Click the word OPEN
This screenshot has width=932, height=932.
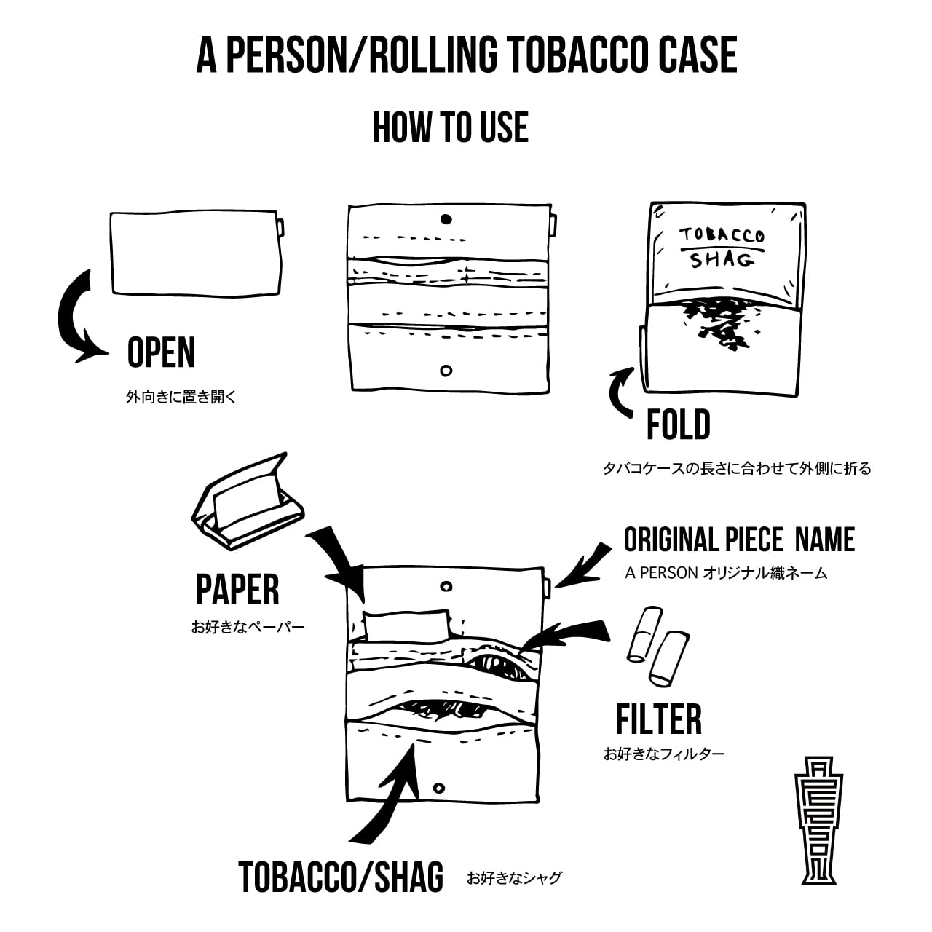(161, 353)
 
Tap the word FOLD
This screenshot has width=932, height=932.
(678, 425)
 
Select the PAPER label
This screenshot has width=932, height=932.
(237, 590)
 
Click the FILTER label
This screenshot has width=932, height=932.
(658, 719)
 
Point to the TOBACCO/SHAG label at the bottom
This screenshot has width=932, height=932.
(341, 877)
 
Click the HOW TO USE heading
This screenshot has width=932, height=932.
(450, 127)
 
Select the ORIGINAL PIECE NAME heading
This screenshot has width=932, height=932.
(739, 540)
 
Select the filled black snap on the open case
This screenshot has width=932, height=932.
(446, 218)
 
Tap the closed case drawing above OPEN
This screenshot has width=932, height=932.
(196, 253)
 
